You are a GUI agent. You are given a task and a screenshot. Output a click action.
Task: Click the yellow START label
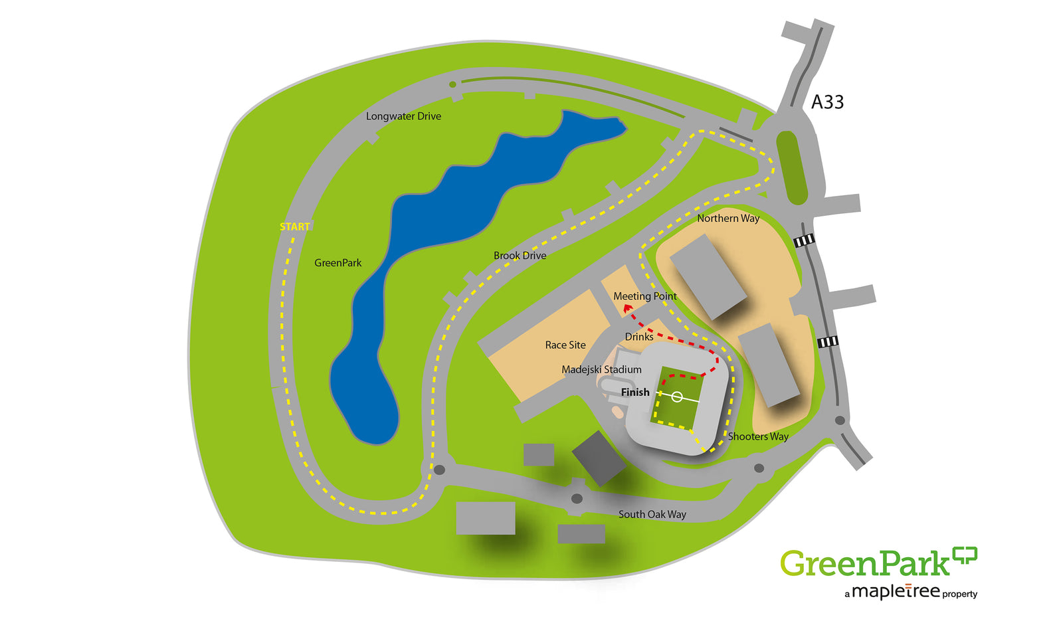(x=295, y=227)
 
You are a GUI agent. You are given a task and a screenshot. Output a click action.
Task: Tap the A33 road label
(x=827, y=102)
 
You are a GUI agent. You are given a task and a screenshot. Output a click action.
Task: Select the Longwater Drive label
(x=403, y=116)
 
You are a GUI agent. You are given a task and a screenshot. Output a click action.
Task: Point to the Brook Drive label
(x=520, y=256)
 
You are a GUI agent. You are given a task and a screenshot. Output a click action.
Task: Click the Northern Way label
(x=727, y=219)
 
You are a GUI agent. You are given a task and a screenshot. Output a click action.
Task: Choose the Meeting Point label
(x=644, y=296)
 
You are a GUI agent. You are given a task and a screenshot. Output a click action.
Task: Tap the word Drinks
(x=639, y=337)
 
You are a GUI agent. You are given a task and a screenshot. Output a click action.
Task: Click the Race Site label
(x=565, y=345)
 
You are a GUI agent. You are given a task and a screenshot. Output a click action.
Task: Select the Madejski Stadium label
(x=601, y=370)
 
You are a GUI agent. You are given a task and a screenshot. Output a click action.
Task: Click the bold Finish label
(x=635, y=393)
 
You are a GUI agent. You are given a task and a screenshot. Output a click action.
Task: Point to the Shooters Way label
(x=758, y=437)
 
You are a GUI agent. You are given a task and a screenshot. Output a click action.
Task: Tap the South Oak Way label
(x=652, y=515)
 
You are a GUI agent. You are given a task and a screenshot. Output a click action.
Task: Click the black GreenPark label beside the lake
(x=338, y=263)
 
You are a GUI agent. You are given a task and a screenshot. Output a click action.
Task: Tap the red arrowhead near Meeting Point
(x=627, y=308)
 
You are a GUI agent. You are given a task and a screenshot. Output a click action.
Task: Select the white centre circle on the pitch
(x=676, y=397)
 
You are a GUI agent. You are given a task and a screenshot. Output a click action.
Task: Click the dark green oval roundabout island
(x=791, y=167)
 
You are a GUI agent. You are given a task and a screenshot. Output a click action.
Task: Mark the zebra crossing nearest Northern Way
(x=804, y=240)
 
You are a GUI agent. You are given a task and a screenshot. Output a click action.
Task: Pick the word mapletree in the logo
(x=896, y=591)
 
